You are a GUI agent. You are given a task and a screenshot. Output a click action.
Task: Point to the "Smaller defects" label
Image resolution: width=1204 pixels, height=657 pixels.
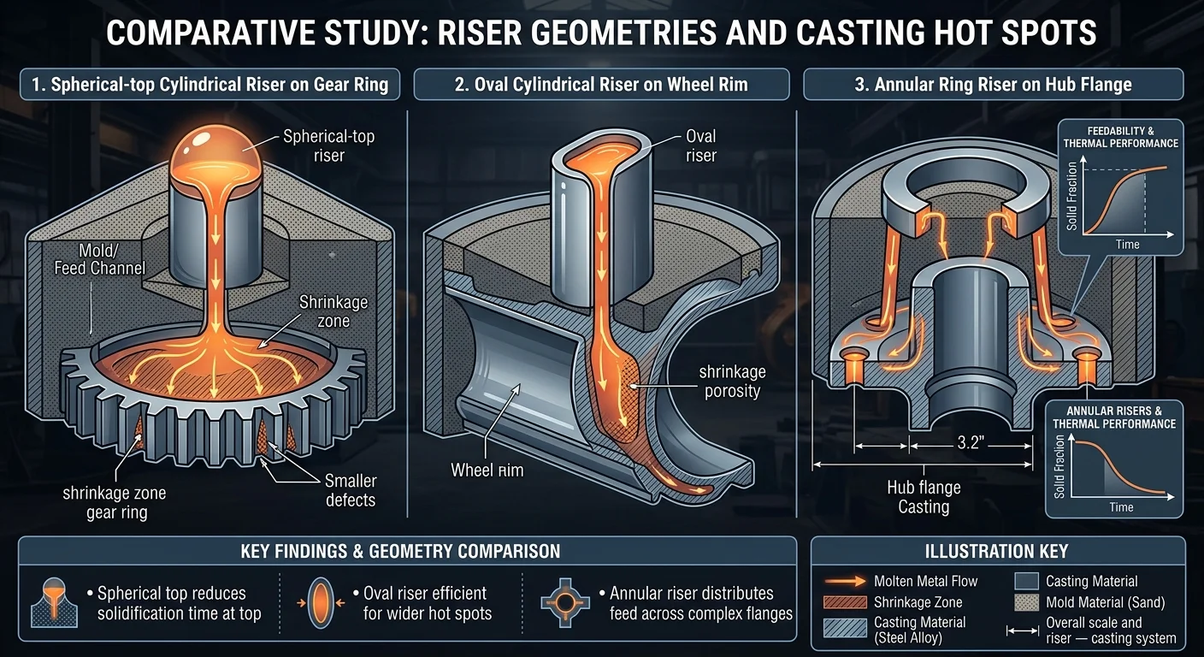pos(351,489)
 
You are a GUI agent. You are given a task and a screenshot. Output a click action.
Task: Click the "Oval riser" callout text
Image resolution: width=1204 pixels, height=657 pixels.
pos(700,145)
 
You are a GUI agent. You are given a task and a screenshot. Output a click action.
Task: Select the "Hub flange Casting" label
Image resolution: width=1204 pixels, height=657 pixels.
pos(924,497)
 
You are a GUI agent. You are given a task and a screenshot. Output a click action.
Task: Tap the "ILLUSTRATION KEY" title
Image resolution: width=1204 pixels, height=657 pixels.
pos(997,552)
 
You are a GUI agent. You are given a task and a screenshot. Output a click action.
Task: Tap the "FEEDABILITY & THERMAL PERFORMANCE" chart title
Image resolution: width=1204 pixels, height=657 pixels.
pos(1120,138)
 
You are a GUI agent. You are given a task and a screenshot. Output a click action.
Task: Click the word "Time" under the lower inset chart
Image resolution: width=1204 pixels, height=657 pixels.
pos(1121,507)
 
